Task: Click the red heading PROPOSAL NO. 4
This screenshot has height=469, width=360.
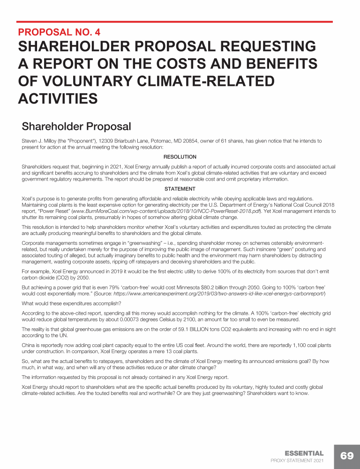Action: point(59,33)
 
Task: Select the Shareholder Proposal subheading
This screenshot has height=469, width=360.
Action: point(76,127)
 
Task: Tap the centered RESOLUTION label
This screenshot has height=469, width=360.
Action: point(180,157)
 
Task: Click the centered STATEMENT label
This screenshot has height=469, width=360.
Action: point(180,189)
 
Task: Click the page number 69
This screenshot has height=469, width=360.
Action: point(347,456)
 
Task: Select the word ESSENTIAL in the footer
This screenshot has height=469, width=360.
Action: point(304,454)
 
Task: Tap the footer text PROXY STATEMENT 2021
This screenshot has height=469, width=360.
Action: point(297,461)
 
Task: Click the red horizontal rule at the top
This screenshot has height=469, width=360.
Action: point(174,22)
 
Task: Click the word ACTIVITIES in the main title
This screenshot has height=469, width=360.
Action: point(58,98)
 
